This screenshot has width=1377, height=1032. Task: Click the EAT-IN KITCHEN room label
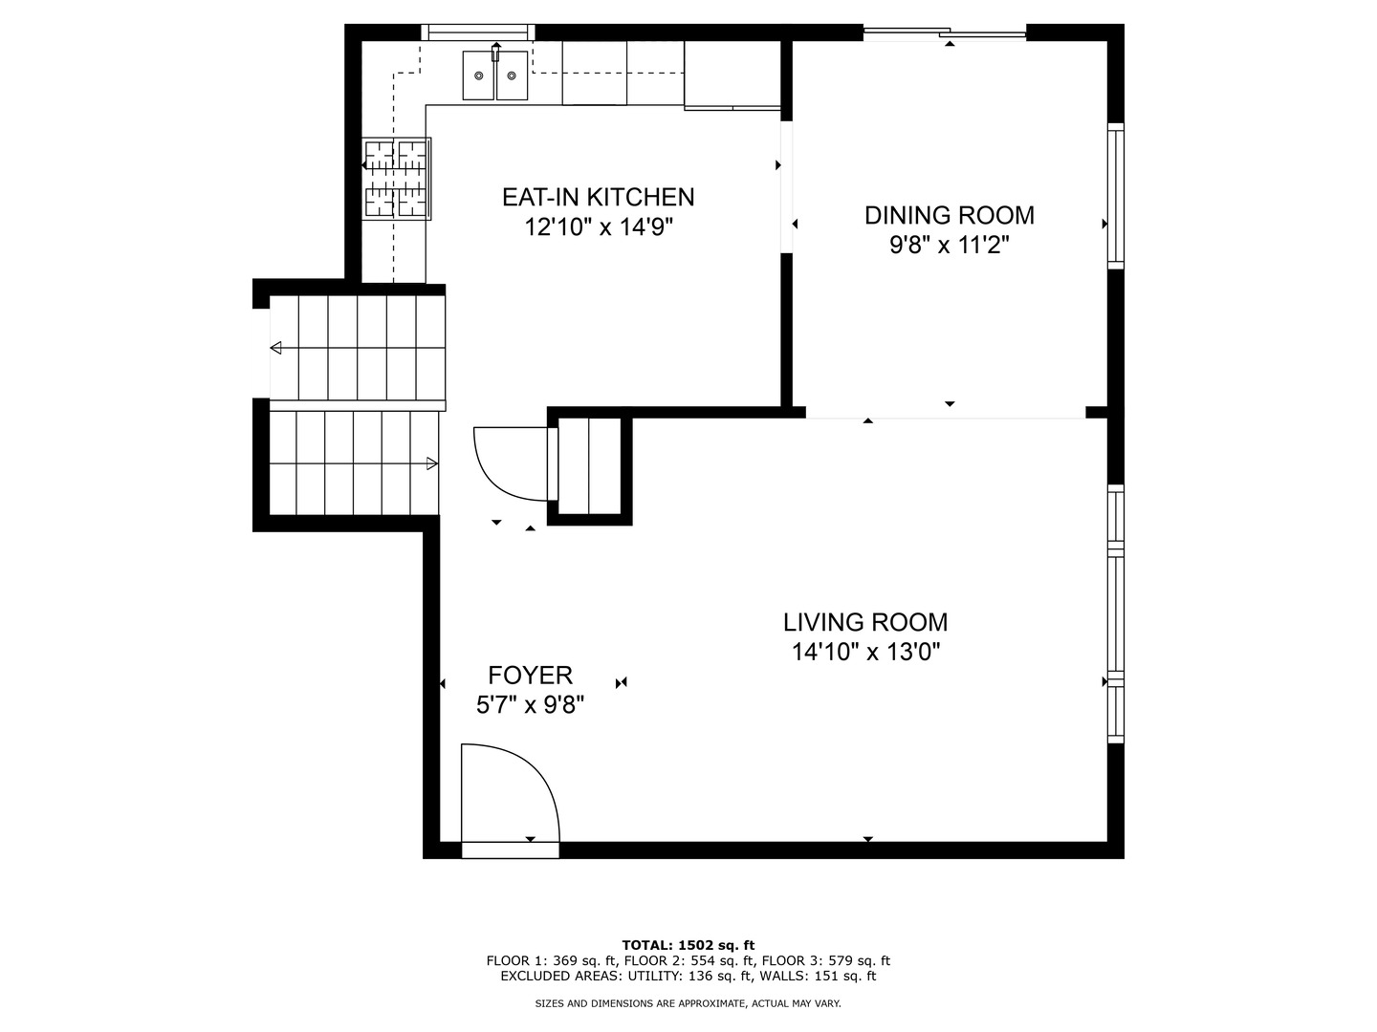[598, 198]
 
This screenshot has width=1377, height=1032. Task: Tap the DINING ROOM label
[950, 216]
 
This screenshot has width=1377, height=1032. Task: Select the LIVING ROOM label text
[865, 622]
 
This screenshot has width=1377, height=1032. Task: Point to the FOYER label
[530, 676]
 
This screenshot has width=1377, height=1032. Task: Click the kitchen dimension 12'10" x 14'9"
[599, 227]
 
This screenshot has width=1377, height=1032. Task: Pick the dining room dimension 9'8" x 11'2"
[950, 246]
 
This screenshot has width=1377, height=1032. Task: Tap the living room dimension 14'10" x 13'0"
[865, 653]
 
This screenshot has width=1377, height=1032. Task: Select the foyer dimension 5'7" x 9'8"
[530, 705]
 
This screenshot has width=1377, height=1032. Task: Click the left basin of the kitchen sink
[479, 75]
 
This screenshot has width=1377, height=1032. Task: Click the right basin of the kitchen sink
[512, 75]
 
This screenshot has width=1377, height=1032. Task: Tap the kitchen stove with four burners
[397, 179]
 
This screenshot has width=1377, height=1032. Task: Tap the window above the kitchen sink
[477, 32]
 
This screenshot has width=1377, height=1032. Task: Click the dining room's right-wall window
[1115, 196]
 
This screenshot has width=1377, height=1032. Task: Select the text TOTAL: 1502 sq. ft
[688, 946]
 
